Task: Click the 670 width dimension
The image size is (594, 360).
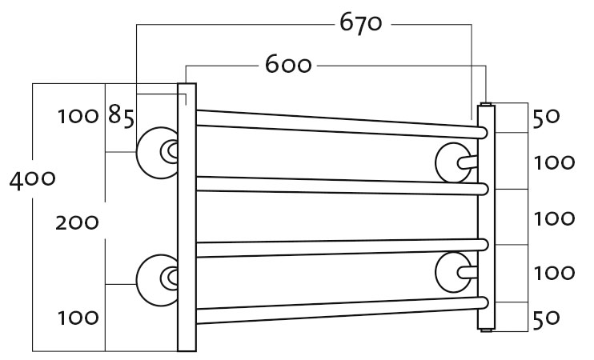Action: (360, 23)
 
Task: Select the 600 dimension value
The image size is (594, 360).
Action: (288, 64)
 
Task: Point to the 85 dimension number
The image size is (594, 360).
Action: (121, 115)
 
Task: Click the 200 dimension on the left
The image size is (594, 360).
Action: (77, 222)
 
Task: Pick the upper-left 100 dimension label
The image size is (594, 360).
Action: (78, 116)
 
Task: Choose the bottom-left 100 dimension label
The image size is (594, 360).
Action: (78, 318)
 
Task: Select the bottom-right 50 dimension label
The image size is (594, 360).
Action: (546, 318)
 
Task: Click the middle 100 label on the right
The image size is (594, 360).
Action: (554, 219)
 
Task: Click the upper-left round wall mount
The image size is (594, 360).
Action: (157, 153)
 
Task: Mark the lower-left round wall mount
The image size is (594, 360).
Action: (157, 280)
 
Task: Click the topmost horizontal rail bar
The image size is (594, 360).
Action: (341, 124)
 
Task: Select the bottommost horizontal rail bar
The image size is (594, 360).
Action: (341, 310)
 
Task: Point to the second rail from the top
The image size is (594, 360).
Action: (341, 186)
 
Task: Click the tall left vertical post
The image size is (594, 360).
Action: (187, 217)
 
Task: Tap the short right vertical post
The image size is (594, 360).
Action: (487, 218)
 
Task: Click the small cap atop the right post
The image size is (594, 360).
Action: (487, 104)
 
